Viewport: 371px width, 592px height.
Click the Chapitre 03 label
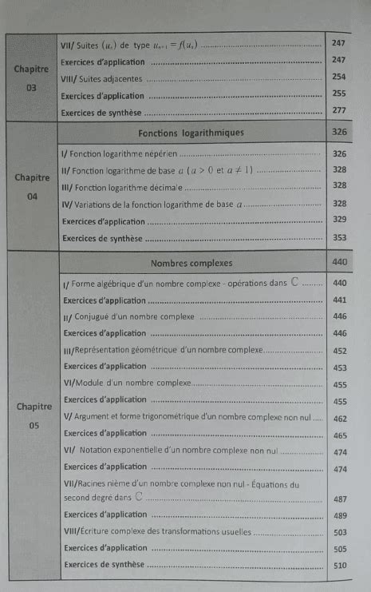point(32,77)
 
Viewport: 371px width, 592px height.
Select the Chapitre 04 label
point(33,185)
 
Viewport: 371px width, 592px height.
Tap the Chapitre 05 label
point(33,415)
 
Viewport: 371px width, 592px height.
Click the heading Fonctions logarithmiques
point(191,132)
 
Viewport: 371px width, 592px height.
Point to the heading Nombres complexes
point(191,262)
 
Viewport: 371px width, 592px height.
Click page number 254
point(339,77)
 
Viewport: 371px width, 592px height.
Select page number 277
point(339,111)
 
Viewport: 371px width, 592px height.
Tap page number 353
point(339,237)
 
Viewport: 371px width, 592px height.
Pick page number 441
point(340,300)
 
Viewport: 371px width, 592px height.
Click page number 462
point(340,418)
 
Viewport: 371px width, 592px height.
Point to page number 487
point(340,499)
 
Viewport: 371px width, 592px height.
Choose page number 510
point(340,566)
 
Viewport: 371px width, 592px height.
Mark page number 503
point(340,532)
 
